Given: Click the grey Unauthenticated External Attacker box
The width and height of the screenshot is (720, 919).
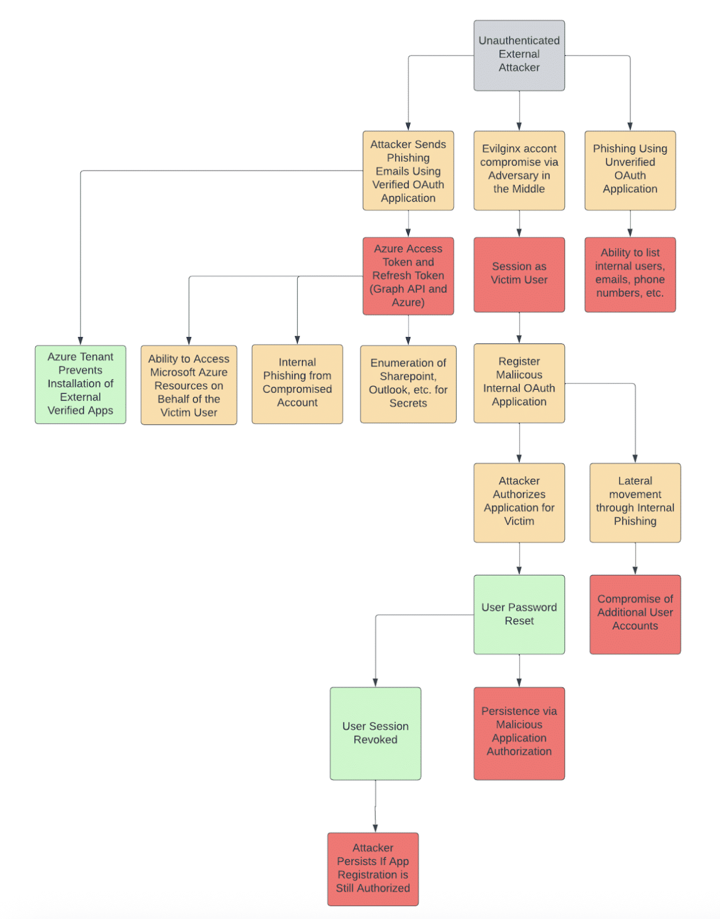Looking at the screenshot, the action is (519, 56).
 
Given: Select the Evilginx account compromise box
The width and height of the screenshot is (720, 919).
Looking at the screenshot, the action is (519, 171).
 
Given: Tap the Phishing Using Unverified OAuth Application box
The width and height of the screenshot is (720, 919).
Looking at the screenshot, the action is (630, 171).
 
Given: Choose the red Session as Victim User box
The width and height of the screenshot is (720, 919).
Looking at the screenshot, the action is (519, 274).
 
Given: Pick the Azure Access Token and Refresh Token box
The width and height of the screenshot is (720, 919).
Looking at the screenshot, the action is (408, 275).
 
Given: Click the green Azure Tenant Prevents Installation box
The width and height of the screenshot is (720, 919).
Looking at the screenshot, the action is (80, 384).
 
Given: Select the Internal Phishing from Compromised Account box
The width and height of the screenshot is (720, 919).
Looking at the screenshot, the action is (297, 384).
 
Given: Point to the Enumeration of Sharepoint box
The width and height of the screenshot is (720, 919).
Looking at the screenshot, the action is (408, 384).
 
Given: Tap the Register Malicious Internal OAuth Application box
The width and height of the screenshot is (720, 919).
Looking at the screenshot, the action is (519, 383).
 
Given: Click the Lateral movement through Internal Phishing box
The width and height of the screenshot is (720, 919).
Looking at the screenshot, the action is (635, 503).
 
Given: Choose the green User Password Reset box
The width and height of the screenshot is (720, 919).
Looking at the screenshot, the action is (519, 614).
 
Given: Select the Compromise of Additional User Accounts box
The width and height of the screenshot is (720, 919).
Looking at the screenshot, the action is (635, 614).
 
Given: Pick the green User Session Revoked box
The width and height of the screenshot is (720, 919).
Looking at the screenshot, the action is (375, 734).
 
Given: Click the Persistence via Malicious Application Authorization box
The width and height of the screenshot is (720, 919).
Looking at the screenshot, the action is (519, 734).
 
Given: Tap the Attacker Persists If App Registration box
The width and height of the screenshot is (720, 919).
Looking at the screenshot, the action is (373, 870).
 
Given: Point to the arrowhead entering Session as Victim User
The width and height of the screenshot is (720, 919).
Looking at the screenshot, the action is (519, 233).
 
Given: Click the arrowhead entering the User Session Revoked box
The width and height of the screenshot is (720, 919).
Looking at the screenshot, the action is (375, 683).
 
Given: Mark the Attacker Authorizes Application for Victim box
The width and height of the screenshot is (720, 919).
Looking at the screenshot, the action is (519, 503).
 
